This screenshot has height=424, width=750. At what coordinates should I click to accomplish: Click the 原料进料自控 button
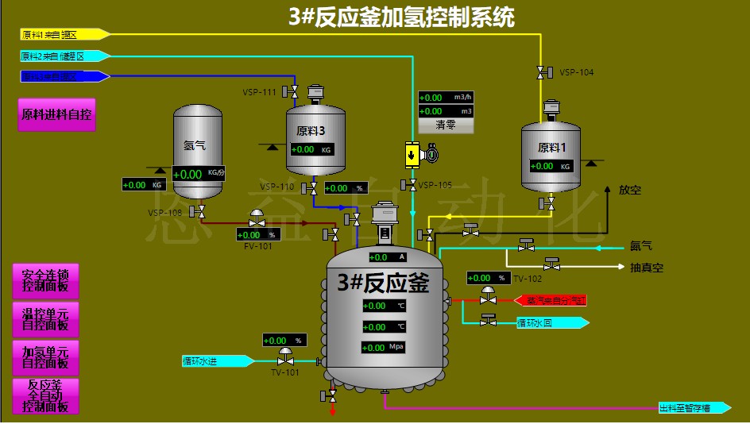[56, 114]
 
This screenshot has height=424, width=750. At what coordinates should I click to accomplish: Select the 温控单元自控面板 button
[46, 318]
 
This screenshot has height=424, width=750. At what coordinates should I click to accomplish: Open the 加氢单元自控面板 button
[46, 357]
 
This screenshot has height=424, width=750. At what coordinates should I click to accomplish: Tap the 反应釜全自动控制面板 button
[46, 395]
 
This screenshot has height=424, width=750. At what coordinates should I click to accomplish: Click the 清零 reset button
[446, 125]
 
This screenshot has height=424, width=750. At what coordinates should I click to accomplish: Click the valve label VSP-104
[576, 72]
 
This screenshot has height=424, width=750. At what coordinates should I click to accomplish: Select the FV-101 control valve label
[257, 246]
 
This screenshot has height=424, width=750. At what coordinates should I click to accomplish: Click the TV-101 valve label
[284, 372]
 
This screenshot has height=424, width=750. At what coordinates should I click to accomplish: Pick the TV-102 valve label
[528, 279]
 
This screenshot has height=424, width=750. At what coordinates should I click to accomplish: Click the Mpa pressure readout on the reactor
[385, 348]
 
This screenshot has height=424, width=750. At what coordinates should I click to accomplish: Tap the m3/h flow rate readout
[446, 97]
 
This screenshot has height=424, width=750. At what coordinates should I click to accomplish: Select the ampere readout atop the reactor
[388, 257]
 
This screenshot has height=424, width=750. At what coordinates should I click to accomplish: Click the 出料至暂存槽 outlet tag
[694, 408]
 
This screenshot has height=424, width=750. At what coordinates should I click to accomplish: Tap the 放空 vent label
[629, 191]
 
